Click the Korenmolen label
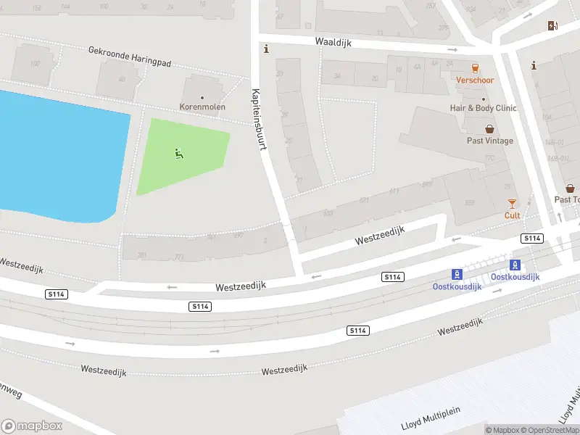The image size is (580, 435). pyautogui.click(x=202, y=107)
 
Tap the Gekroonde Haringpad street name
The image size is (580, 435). pyautogui.click(x=130, y=57)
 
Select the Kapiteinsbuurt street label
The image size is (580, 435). pyautogui.click(x=259, y=119)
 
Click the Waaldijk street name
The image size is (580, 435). pyautogui.click(x=333, y=43)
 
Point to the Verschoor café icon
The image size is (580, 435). pyautogui.click(x=475, y=68)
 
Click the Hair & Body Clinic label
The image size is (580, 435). pyautogui.click(x=483, y=108)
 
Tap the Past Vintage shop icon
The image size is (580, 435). pyautogui.click(x=489, y=129)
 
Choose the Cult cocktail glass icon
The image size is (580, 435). pyautogui.click(x=512, y=204)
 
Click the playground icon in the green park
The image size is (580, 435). pyautogui.click(x=179, y=153)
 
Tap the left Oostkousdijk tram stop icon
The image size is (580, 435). pyautogui.click(x=457, y=274)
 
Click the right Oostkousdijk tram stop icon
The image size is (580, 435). pyautogui.click(x=515, y=265)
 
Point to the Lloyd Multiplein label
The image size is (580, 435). pyautogui.click(x=431, y=423)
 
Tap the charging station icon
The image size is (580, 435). pyautogui.click(x=553, y=26)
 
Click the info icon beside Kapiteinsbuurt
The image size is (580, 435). pyautogui.click(x=267, y=49)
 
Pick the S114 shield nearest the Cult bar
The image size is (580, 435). pyautogui.click(x=532, y=239)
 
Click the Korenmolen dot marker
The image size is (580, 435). pyautogui.click(x=202, y=97)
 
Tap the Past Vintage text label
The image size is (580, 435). pyautogui.click(x=489, y=141)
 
